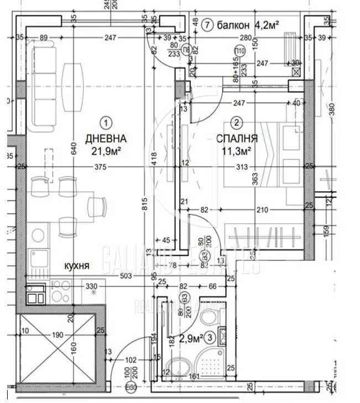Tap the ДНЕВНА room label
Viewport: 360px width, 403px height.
(x=106, y=138)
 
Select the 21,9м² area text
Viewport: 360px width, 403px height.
(x=106, y=150)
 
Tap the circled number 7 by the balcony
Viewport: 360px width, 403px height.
(x=207, y=25)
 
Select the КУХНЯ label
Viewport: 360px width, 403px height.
(x=75, y=266)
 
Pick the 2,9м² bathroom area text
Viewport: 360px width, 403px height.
(x=190, y=337)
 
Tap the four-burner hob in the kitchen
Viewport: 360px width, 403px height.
(x=60, y=290)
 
